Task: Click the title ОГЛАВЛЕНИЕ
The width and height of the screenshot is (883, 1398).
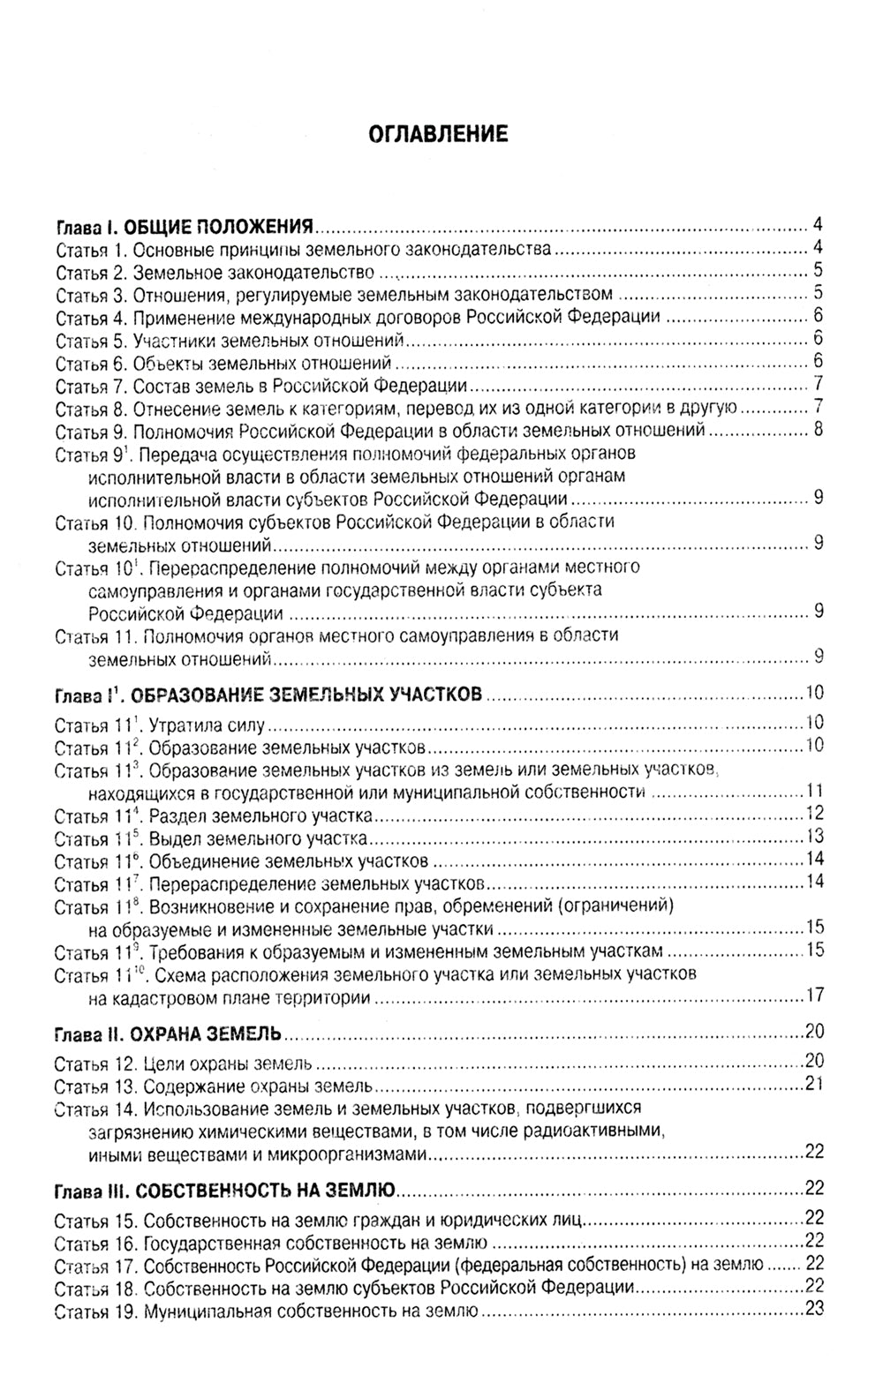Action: click(x=438, y=134)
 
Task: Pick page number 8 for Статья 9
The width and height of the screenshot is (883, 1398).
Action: click(x=819, y=430)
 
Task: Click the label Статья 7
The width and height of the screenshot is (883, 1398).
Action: click(x=90, y=385)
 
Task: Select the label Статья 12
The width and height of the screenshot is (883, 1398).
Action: click(x=94, y=1063)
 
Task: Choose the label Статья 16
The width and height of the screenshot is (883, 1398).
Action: click(x=94, y=1244)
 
